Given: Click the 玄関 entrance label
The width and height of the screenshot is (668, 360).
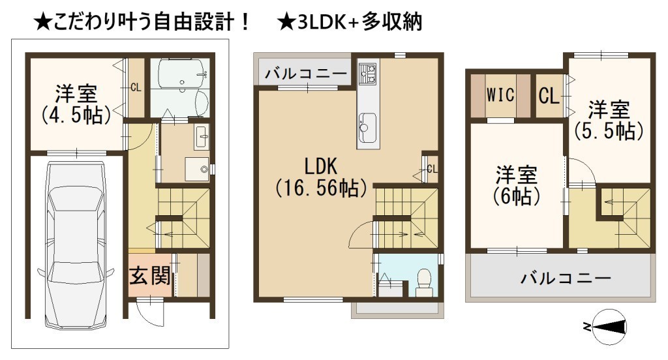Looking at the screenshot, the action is tap(150, 276).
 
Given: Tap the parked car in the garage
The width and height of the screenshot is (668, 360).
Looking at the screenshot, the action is tap(76, 245).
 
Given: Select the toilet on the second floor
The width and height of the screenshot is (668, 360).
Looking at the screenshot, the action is tap(423, 282).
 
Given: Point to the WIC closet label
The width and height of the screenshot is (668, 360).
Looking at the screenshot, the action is tap(500, 95).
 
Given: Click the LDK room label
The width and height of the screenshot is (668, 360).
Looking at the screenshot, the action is tap(320, 166).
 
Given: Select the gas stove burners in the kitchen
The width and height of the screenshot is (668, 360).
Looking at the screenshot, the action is tap(368, 72).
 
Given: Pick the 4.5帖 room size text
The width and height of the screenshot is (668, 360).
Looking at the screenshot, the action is tap(76, 115).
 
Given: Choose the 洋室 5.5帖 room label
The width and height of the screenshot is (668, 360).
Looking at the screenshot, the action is tap(609, 120).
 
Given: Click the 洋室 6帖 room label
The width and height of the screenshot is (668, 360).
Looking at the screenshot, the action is tap(517, 185).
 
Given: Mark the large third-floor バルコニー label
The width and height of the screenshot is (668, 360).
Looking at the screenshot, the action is tap(566, 278).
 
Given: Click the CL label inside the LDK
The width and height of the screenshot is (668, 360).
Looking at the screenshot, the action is tap(432, 169).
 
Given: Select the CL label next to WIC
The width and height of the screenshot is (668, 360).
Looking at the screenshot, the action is tap(549, 95).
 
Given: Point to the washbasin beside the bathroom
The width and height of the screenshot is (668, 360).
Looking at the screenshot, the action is tap(202, 136).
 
